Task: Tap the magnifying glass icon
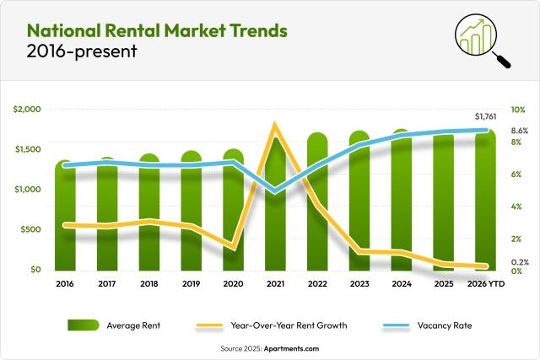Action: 483,40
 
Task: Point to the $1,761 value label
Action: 486,116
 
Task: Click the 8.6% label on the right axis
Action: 520,131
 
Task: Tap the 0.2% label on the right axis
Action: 520,262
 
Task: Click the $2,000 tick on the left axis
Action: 27,110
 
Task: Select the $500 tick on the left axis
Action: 30,229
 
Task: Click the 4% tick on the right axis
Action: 516,207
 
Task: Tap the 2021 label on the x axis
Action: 275,285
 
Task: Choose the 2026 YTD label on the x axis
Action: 486,285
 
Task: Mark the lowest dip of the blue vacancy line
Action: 275,191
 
